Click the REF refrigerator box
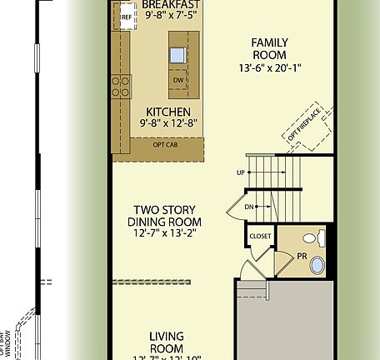pos(127,17)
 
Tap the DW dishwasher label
pos(178,81)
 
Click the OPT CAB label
pos(165,144)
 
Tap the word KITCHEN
pos(168,112)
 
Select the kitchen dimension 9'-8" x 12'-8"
pos(168,123)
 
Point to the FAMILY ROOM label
pos(270,49)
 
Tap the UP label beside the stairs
pos(241,173)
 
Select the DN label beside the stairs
pos(249,206)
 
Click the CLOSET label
pos(260,237)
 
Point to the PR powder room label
pos(301,256)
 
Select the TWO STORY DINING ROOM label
pos(164,216)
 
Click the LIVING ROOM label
pos(166,342)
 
